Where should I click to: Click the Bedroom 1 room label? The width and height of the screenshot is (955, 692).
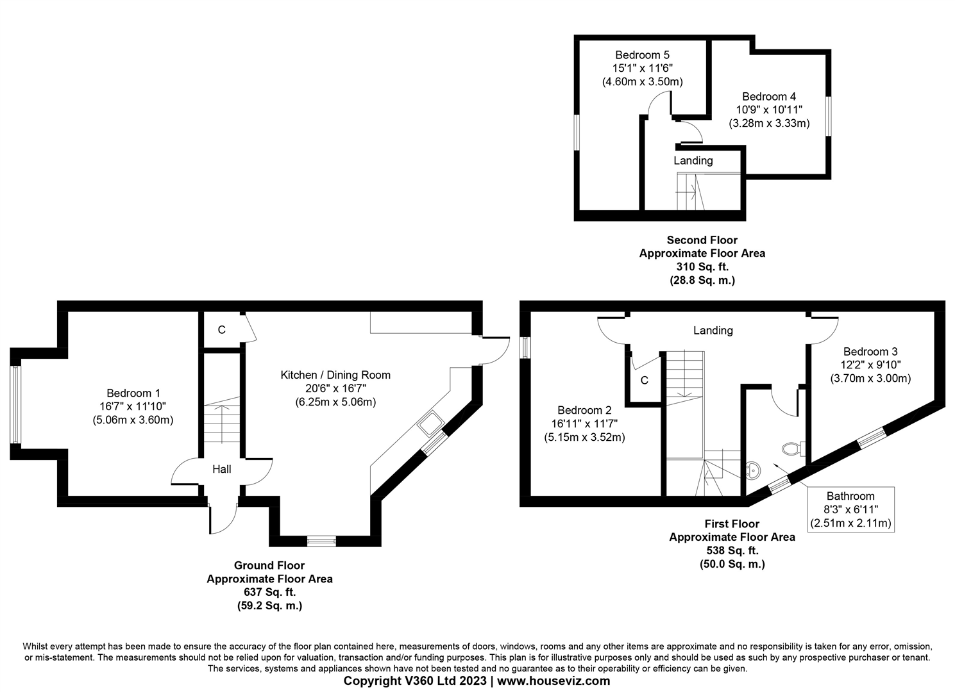133,393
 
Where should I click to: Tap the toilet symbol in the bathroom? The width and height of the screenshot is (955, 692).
793,448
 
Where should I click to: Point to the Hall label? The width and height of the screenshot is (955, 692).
222,470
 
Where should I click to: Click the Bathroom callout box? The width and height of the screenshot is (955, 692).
850,509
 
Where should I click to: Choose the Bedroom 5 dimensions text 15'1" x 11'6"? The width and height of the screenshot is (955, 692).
642,69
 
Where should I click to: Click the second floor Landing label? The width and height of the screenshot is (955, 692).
693,161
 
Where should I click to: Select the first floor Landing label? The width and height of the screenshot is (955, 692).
713,331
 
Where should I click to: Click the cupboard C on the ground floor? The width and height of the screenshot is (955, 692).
222,331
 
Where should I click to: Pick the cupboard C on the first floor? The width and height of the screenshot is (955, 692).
645,381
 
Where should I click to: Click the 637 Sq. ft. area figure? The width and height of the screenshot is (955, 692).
269,592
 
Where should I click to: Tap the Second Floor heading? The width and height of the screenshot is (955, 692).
702,240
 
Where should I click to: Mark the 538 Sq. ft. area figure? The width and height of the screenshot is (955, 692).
732,550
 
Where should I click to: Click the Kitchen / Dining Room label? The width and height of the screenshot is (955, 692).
335,375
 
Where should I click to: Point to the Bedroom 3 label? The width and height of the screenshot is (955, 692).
870,352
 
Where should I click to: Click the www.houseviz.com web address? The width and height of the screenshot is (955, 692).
554,681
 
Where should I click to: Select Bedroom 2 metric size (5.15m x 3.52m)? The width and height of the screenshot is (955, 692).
584,438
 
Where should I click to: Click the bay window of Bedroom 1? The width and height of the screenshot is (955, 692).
15,404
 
